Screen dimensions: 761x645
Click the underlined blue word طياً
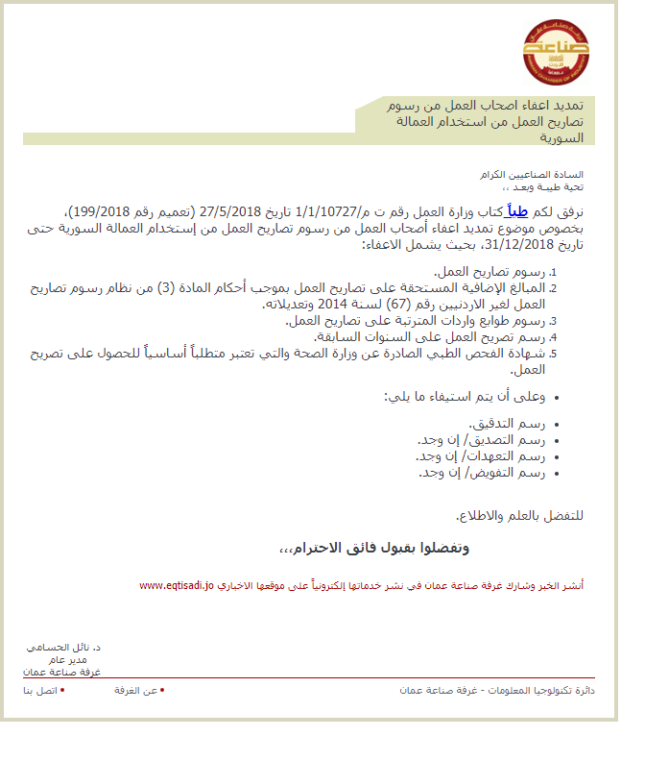(x=518, y=212)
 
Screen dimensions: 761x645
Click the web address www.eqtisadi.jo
(x=178, y=584)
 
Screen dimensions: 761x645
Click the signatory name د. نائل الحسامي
(x=64, y=649)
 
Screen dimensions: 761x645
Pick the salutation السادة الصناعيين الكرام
(x=538, y=175)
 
